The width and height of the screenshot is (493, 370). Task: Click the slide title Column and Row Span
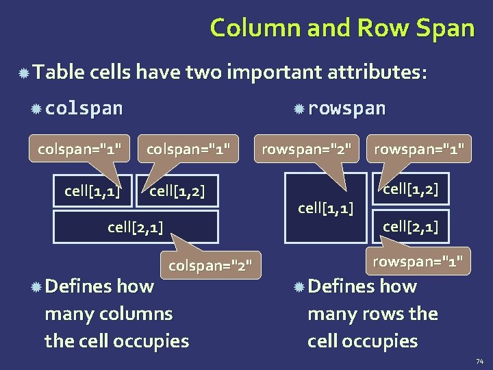342,28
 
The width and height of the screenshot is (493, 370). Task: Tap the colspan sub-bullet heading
84,108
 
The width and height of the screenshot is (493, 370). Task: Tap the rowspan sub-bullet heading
346,108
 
